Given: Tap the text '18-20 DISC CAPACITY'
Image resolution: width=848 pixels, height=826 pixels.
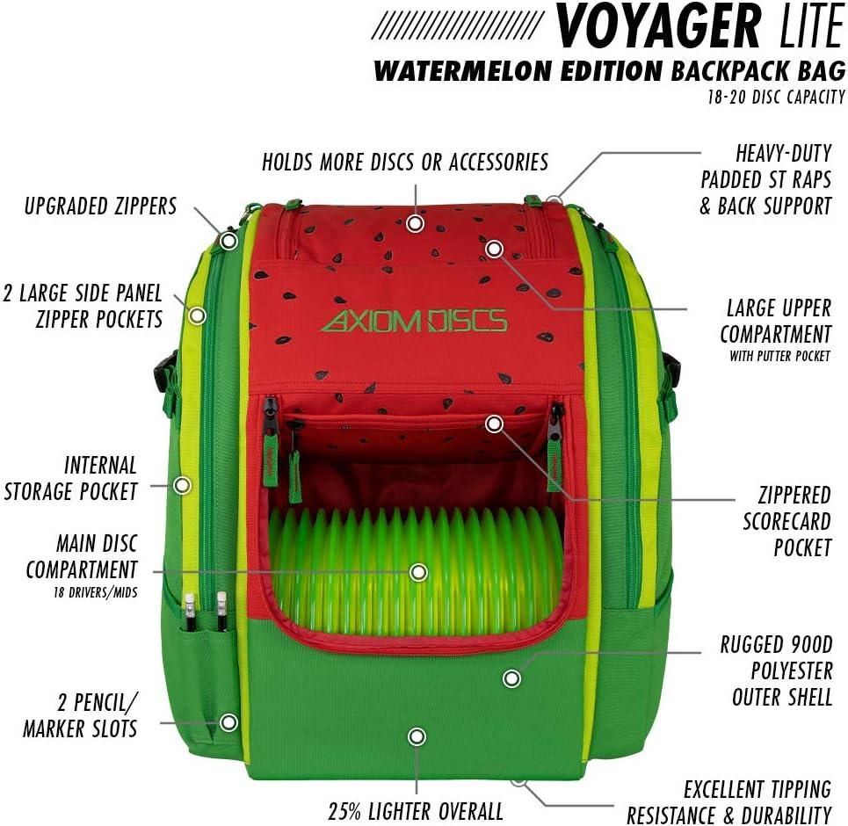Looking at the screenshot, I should click(776, 98).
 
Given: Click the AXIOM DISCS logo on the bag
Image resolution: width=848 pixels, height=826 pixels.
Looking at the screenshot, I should click(414, 321).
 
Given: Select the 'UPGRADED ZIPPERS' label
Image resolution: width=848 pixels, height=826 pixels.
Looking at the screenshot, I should click(100, 206).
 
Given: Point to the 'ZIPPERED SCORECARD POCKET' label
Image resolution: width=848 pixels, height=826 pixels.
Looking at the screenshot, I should click(786, 520).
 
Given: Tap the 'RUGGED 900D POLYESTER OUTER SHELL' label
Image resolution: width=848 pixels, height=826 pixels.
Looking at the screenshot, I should click(777, 670).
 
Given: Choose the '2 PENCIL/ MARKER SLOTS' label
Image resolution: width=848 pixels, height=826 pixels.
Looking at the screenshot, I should click(80, 715).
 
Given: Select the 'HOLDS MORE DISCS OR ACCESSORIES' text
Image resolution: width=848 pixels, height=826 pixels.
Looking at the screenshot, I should click(405, 162).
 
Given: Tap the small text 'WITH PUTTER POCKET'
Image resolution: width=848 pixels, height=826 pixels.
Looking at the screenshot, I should click(779, 357).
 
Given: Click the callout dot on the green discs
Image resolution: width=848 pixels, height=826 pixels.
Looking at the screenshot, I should click(419, 573).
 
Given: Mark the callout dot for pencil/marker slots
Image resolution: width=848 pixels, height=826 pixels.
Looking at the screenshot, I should click(228, 722).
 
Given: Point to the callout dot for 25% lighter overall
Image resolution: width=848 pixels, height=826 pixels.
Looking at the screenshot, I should click(417, 736).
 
